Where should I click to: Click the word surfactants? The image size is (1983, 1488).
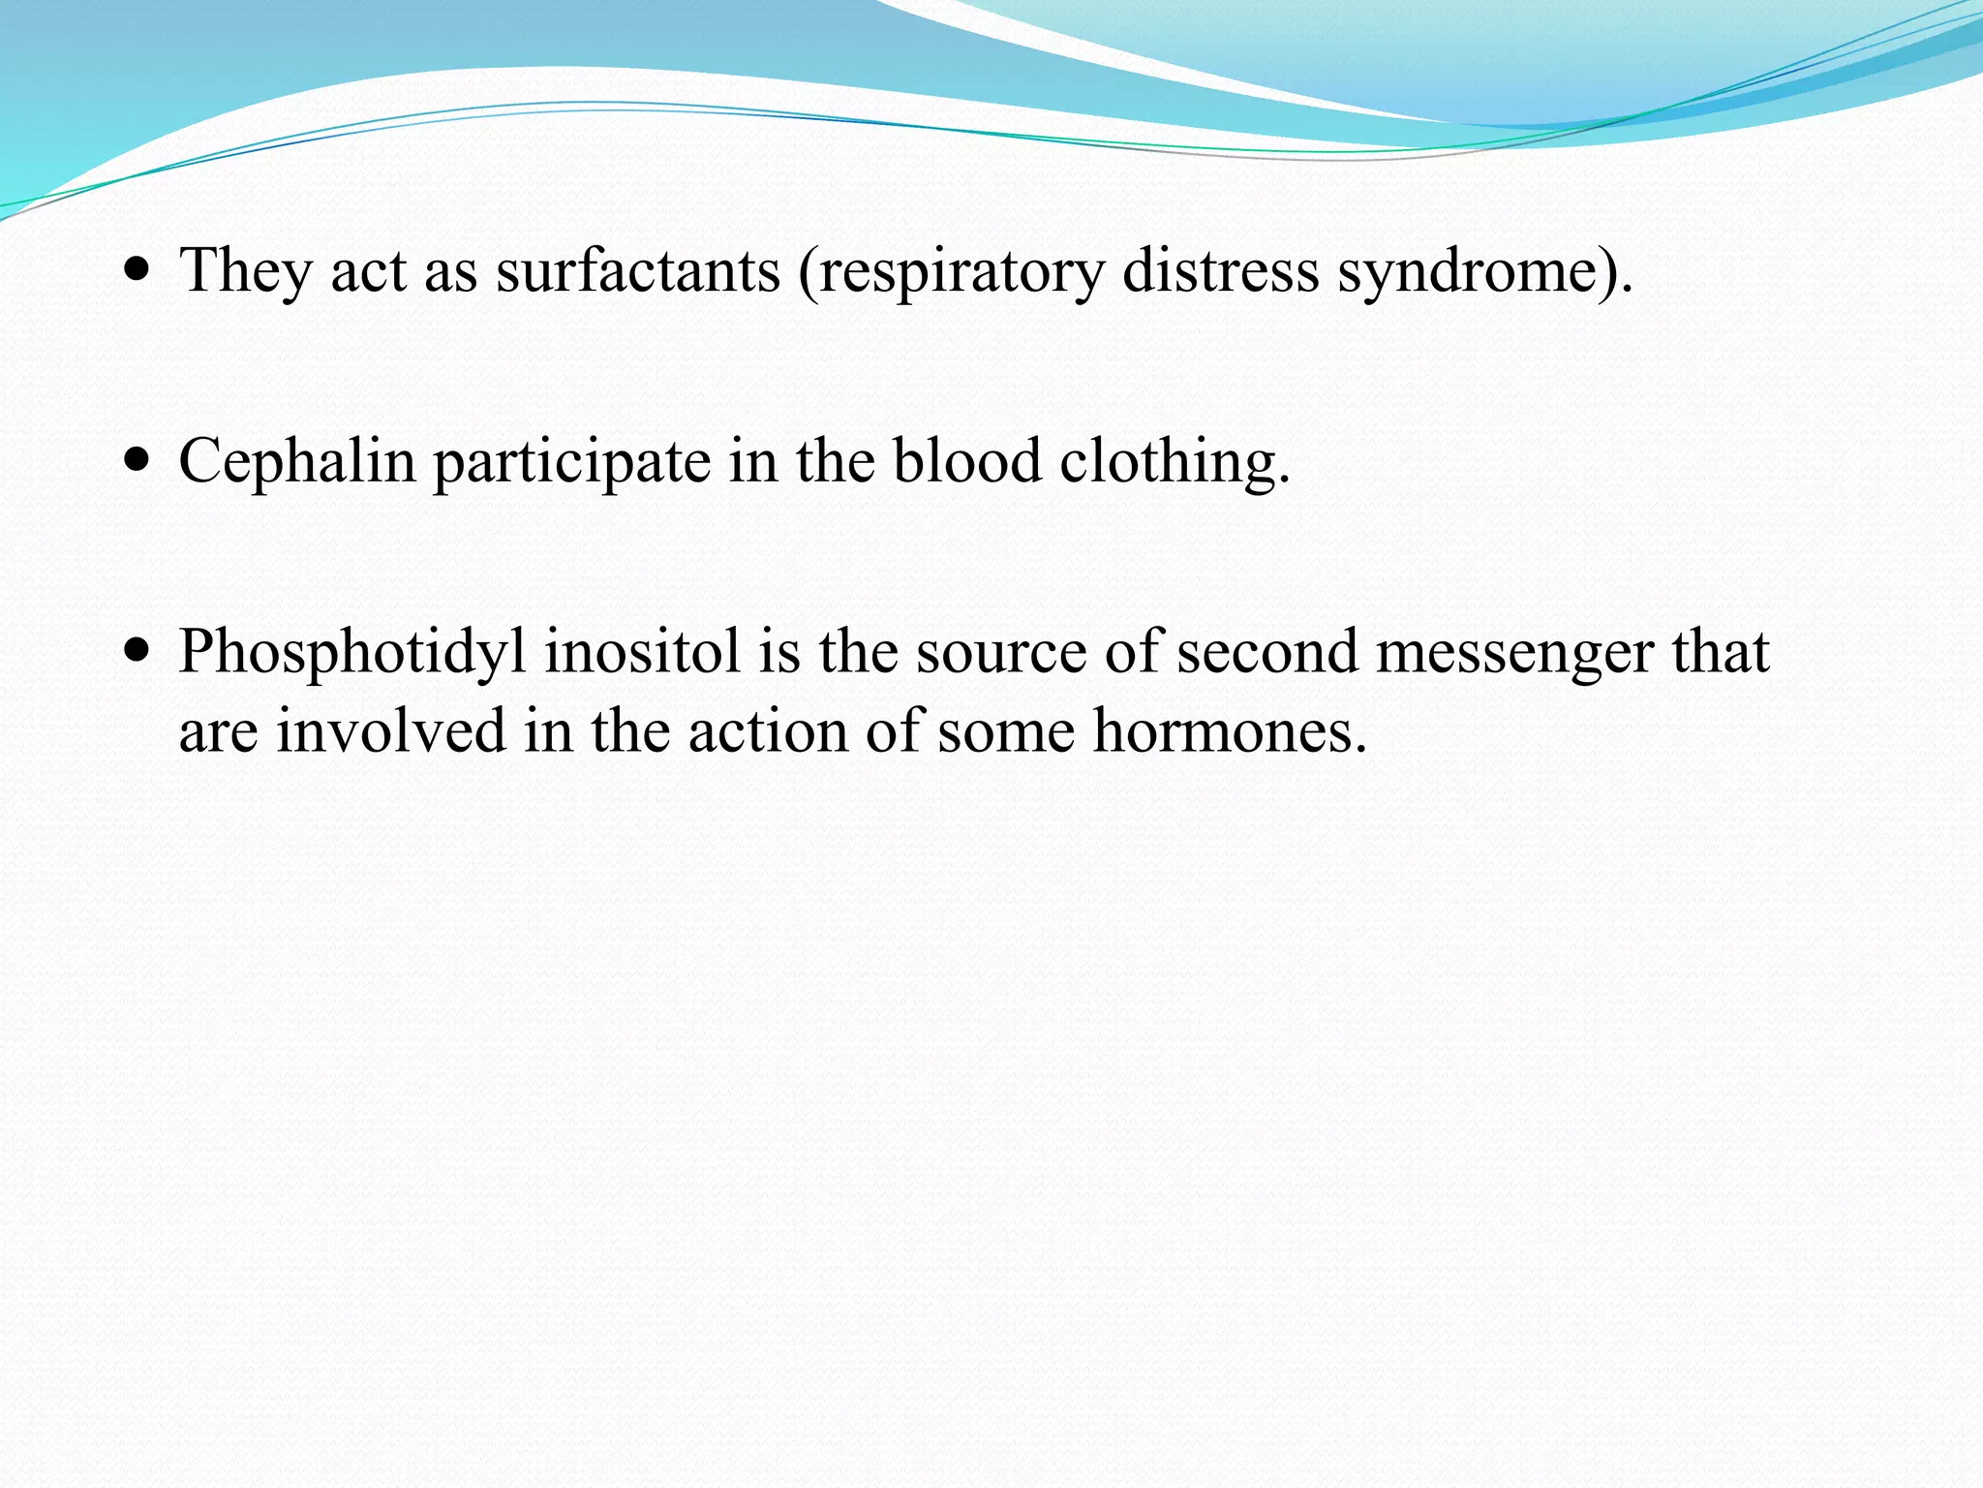[637, 270]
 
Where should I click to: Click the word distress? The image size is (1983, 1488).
[1220, 270]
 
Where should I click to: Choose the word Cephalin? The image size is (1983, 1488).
[296, 461]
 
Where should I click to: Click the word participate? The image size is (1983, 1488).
[571, 461]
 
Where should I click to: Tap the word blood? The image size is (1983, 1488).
[966, 461]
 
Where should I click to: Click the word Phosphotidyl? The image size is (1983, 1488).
[352, 652]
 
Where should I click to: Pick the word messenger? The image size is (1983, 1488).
[1513, 652]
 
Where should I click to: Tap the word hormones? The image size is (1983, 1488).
[1229, 731]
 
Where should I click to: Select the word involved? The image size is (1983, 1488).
[390, 731]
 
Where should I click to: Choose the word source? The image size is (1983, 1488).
[1001, 652]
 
